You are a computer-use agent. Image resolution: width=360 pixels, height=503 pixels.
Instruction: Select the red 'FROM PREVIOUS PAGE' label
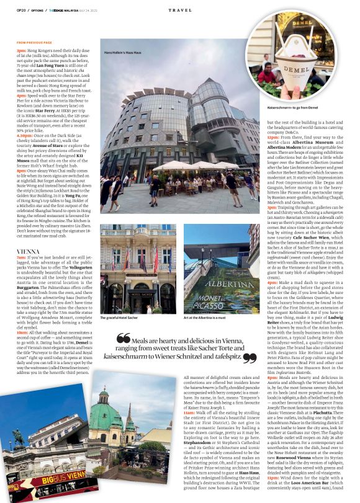click(x=35, y=42)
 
